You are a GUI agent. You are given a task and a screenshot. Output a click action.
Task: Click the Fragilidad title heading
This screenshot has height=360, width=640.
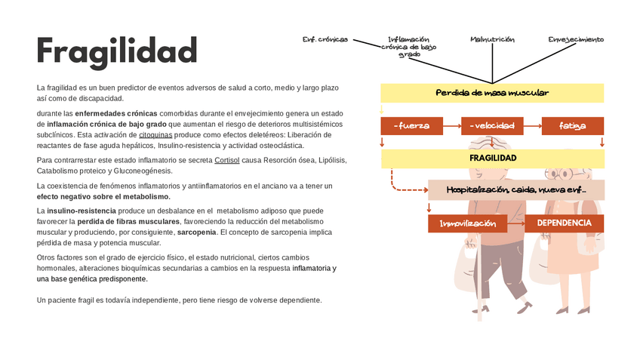tap(117, 51)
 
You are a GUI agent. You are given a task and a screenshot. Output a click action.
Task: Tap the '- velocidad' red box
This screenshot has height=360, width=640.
tap(491, 126)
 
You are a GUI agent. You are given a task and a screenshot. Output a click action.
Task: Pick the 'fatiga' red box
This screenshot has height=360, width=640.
tap(572, 126)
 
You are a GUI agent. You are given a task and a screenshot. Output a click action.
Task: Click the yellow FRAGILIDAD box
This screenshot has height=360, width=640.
tap(492, 158)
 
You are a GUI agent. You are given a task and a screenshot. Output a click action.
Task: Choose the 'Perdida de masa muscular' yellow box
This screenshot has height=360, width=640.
tap(492, 93)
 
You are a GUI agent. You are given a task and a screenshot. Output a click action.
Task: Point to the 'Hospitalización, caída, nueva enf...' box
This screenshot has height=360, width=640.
tap(516, 189)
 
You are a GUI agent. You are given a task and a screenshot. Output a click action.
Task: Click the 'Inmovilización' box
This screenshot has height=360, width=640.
tap(467, 223)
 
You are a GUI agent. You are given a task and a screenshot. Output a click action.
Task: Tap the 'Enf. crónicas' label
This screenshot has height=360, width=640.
tap(325, 39)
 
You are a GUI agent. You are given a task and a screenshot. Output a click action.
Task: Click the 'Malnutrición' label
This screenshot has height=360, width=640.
tap(492, 39)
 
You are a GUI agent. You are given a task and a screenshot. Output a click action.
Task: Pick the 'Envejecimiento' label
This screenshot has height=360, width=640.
tap(576, 39)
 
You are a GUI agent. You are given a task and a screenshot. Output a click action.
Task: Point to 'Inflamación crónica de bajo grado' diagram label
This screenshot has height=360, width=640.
tap(408, 46)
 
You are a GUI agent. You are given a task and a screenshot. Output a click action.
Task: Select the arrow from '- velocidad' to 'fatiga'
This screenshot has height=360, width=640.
tap(532, 126)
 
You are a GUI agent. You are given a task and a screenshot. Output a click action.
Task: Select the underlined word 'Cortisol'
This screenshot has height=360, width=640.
tap(227, 161)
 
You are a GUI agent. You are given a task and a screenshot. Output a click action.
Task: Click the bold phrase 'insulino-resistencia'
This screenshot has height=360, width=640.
tap(82, 210)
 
